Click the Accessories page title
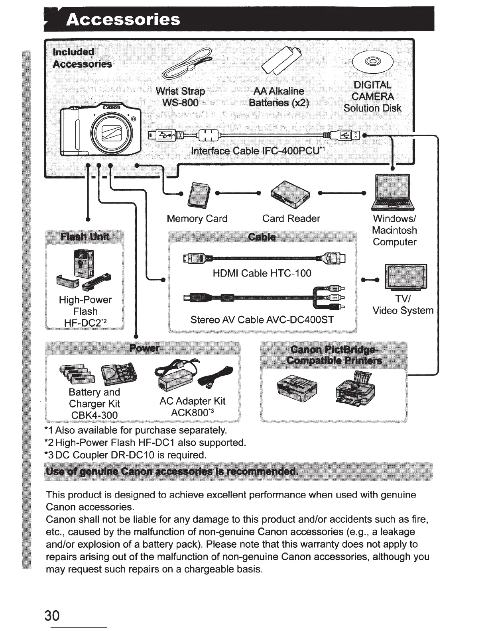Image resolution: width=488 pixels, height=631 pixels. coord(123,20)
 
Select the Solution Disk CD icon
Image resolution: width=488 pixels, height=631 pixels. coord(373,62)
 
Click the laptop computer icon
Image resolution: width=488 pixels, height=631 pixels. coord(393,192)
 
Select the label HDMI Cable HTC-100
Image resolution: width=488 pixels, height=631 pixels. coord(262,273)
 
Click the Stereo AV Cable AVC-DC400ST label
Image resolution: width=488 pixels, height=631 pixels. coord(262,320)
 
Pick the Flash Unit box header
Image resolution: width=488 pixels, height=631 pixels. coord(85,237)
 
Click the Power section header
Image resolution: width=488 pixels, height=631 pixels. coord(144,348)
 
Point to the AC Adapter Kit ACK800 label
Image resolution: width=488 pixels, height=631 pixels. coord(193,407)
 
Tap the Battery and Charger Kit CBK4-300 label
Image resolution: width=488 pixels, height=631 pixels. coord(94,404)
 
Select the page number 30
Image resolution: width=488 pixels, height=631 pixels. coord(52,616)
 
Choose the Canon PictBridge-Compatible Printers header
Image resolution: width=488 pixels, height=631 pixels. coord(334,355)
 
